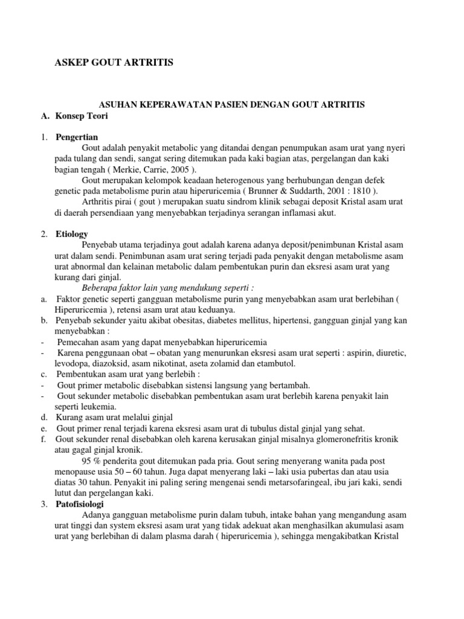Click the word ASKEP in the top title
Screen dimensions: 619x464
[71, 62]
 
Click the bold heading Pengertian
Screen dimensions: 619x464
[77, 137]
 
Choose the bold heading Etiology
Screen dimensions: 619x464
[72, 233]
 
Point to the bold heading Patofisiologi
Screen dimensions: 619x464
[80, 504]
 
